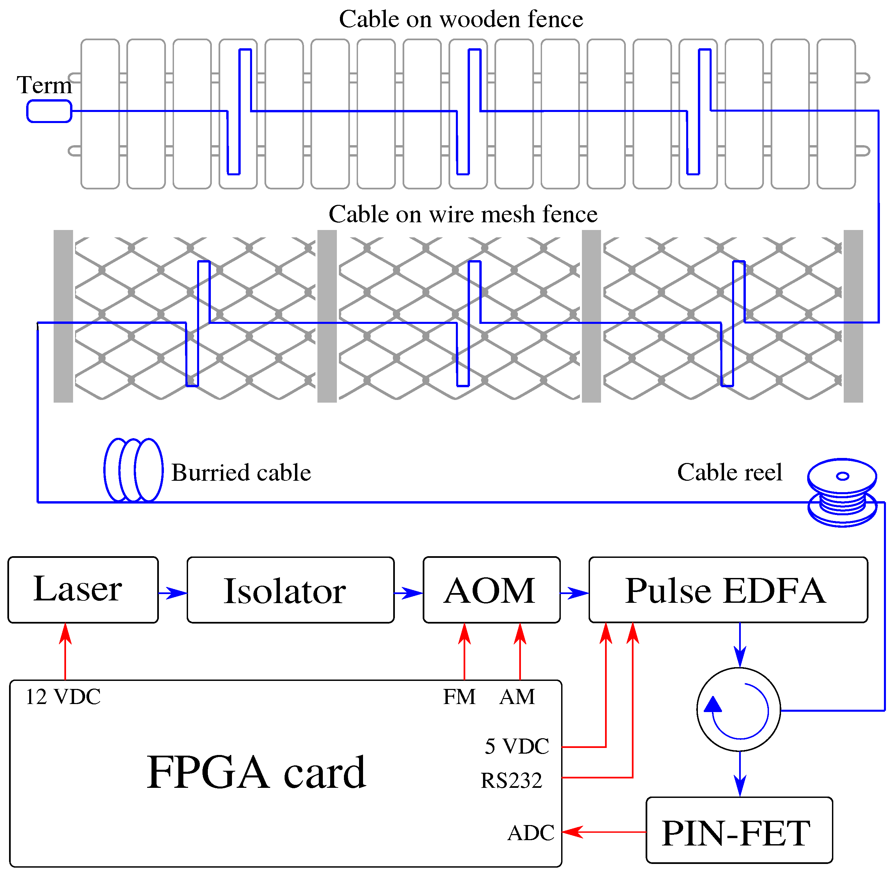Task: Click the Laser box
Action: [x=83, y=590]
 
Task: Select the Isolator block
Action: [x=290, y=590]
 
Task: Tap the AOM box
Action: [x=491, y=590]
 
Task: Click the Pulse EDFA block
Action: [x=728, y=590]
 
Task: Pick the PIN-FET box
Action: [x=739, y=833]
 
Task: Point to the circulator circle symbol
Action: [x=738, y=710]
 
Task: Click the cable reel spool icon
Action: [x=842, y=492]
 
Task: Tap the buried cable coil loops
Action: [x=133, y=470]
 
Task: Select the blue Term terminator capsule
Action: [x=49, y=111]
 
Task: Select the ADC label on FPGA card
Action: [x=531, y=833]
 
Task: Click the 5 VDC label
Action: [x=517, y=746]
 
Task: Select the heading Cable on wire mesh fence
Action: [x=463, y=214]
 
